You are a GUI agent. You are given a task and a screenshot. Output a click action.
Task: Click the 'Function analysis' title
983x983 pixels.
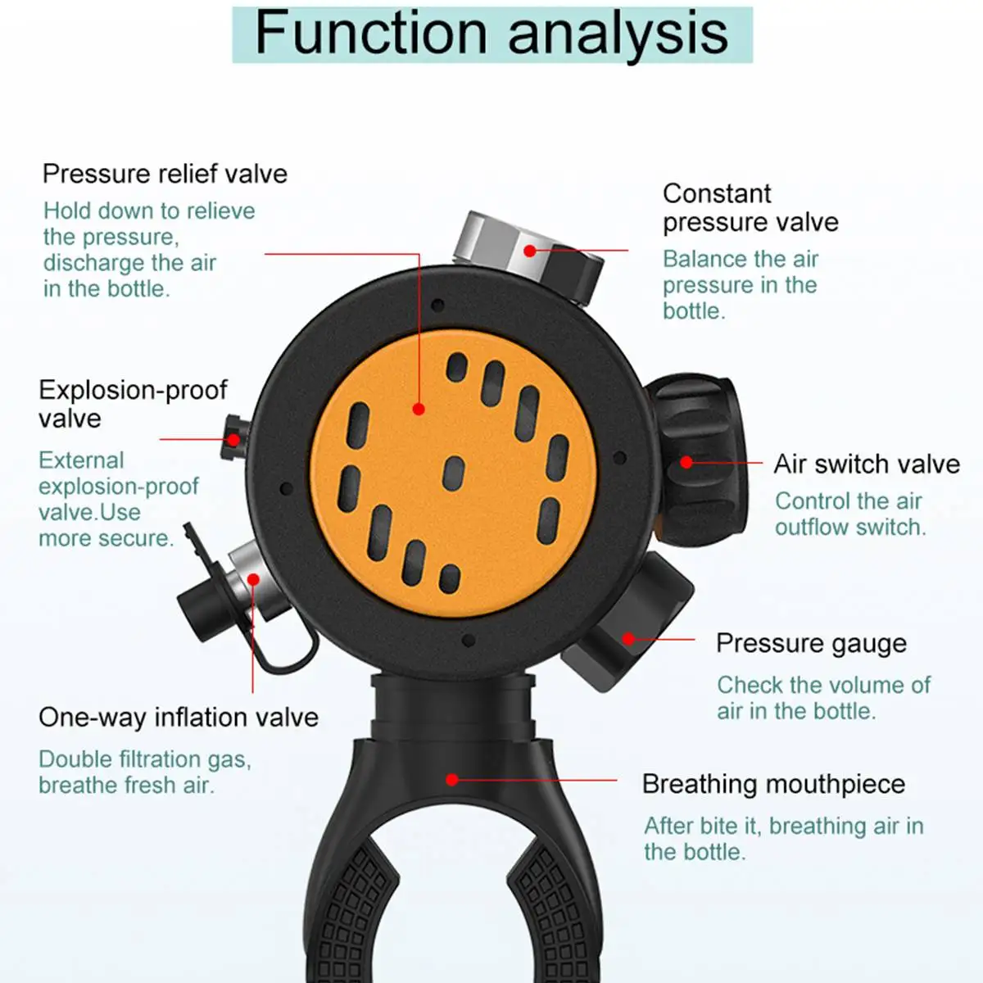[x=491, y=34]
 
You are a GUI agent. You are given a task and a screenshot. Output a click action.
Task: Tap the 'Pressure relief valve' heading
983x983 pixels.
[x=165, y=174]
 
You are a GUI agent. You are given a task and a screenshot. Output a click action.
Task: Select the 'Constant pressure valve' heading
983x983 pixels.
[x=750, y=208]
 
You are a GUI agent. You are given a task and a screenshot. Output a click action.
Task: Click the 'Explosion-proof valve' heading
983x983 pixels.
[x=133, y=405]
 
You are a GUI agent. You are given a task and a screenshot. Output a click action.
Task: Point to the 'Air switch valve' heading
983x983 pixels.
[x=867, y=464]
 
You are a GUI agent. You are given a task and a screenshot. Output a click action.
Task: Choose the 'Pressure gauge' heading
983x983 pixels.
[x=811, y=644]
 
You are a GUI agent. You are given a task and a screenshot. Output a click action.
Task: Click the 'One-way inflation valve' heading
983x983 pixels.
[x=179, y=718]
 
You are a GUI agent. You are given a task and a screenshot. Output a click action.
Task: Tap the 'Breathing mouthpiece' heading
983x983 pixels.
[x=773, y=784]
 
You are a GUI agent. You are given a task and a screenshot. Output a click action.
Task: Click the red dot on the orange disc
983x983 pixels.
[x=419, y=409]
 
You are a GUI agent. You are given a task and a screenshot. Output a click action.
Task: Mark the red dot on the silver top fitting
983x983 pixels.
[x=530, y=251]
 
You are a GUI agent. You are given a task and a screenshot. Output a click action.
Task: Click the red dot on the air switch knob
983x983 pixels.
[x=686, y=462]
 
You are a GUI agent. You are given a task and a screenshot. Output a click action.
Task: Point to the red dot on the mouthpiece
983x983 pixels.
[x=452, y=780]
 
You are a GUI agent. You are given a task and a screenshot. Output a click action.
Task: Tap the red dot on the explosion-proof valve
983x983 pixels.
[x=233, y=439]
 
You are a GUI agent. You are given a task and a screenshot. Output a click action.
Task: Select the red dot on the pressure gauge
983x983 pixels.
[x=629, y=639]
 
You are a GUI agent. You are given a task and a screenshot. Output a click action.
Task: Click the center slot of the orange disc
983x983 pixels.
[x=454, y=474]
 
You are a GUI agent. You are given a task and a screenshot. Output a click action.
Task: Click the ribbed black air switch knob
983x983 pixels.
[x=698, y=460]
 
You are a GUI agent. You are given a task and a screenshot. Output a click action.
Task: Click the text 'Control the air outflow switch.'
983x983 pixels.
[x=850, y=514]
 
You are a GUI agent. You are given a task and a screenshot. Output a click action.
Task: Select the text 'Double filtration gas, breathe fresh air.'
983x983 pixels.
[x=145, y=772]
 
